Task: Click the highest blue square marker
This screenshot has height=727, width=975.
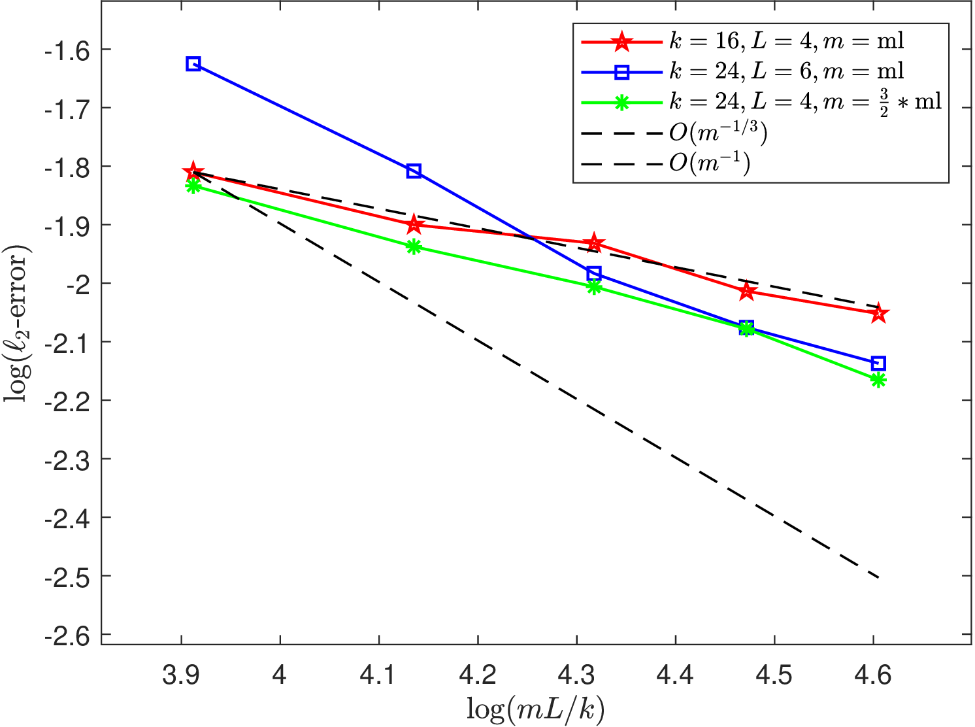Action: coord(193,63)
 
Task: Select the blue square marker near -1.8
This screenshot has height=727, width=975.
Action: coord(414,171)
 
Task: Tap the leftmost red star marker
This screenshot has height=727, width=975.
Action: coord(193,172)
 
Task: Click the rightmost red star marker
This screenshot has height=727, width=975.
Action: coord(878,314)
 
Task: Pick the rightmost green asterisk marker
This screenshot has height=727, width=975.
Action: coord(878,380)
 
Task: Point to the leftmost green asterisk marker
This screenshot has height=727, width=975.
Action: coord(193,186)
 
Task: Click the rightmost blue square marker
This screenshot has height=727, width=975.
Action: coord(878,363)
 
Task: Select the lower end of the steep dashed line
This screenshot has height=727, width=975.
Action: coord(878,578)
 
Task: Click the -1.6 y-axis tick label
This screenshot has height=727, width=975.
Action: coord(67,52)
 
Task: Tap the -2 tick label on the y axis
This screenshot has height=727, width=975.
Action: coord(78,286)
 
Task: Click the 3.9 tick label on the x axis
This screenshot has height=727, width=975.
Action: coord(181,675)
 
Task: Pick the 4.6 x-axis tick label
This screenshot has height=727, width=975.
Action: coord(873,675)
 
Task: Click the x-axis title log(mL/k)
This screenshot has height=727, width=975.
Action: coord(536,709)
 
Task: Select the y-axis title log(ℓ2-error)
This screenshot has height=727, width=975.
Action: coord(17,323)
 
